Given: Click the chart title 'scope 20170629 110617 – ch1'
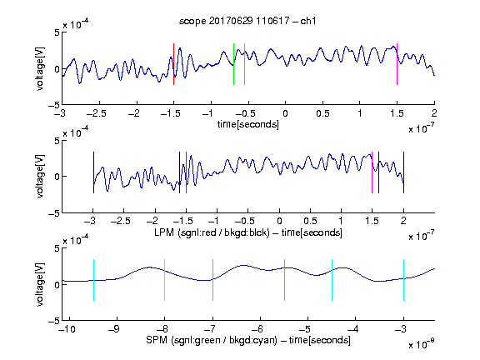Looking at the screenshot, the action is tap(247, 21).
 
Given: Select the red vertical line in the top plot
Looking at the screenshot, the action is tap(173, 64).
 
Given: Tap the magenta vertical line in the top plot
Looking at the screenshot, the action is tap(397, 64).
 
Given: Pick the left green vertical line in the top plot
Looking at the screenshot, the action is tap(233, 64).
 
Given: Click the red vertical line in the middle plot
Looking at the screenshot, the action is tap(186, 172).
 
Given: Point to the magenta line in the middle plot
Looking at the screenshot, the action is tap(372, 172).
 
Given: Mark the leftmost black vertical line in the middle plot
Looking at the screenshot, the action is tap(93, 172).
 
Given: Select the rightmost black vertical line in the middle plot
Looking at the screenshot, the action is tap(403, 172).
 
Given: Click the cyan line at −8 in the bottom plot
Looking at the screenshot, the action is tap(165, 280).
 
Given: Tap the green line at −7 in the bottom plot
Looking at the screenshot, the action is tap(212, 280).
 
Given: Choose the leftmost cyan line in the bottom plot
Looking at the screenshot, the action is tap(93, 280).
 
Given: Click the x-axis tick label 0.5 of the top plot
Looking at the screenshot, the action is tap(322, 113).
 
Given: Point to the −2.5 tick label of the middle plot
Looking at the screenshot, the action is tap(121, 221).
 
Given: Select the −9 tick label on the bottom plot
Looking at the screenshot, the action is tap(114, 329).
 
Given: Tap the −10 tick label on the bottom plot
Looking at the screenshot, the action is tap(67, 329).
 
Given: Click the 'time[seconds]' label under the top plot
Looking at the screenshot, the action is tap(248, 124).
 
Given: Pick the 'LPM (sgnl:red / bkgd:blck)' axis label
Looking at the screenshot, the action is tap(212, 232).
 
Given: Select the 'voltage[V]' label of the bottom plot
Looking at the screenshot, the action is tap(40, 285).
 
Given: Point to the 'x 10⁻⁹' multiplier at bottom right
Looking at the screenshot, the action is tap(422, 344).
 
